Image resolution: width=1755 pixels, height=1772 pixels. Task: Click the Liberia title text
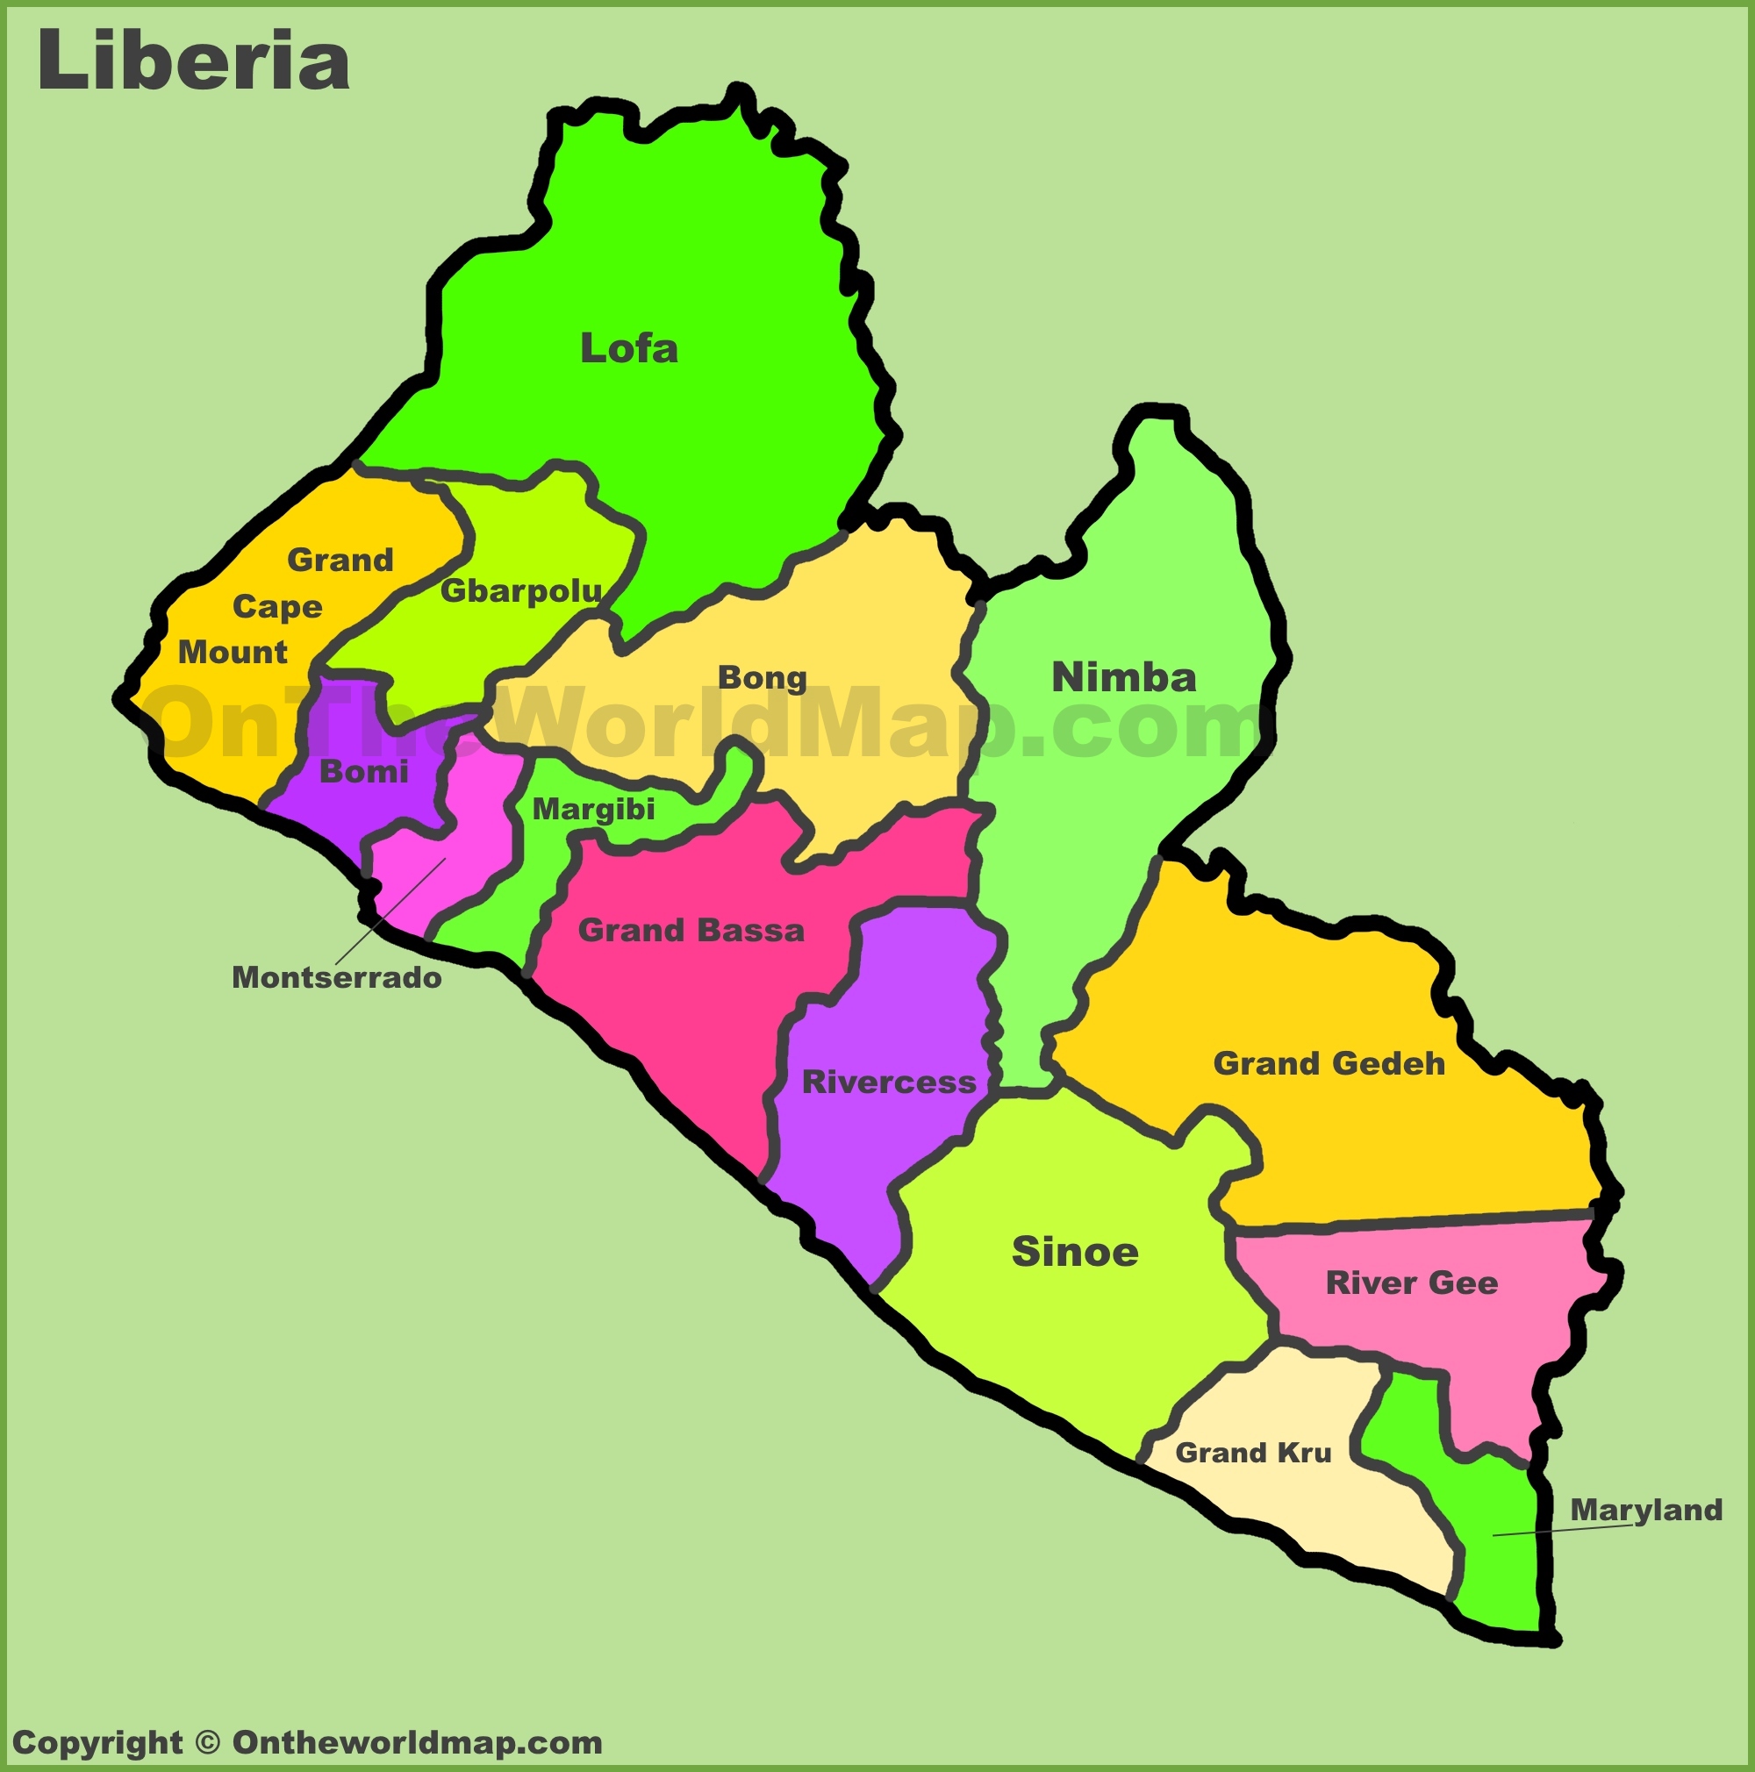tap(193, 61)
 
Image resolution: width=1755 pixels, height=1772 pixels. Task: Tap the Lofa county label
tap(628, 348)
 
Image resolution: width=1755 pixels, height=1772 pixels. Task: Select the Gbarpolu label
tap(520, 590)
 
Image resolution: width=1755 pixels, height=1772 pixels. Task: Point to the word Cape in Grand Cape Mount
tap(277, 606)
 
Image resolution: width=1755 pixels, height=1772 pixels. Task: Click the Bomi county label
tap(363, 771)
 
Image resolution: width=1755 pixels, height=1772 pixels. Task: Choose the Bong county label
tap(762, 678)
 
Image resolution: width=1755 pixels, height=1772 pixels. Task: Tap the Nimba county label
tap(1123, 678)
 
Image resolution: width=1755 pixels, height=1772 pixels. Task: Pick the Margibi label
tap(592, 809)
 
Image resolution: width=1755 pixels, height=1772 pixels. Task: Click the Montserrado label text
tap(336, 978)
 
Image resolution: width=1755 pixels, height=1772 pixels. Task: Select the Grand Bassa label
tap(691, 930)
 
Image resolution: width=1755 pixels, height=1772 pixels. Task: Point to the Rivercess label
tap(888, 1082)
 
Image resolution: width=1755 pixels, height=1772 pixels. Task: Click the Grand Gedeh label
tap(1329, 1064)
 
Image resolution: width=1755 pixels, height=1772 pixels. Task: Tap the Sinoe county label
tap(1074, 1252)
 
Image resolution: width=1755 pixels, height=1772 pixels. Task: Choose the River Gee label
tap(1411, 1283)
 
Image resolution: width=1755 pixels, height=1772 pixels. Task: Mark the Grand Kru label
tap(1252, 1453)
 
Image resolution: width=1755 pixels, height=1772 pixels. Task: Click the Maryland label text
tap(1646, 1510)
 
